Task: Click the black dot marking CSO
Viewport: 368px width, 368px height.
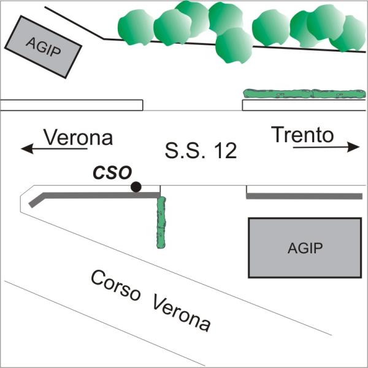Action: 136,186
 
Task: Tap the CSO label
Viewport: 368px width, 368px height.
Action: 112,172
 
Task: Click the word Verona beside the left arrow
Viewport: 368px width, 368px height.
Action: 78,137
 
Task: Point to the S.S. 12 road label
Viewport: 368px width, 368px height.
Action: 200,150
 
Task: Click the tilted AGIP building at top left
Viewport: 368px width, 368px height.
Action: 44,47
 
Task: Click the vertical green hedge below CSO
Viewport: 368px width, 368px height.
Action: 161,222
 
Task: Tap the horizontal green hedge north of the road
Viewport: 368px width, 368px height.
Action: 304,94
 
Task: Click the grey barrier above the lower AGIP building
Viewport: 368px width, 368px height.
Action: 304,196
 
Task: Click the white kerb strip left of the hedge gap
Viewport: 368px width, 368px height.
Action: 72,105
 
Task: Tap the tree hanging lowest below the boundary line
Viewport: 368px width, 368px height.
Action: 233,46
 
